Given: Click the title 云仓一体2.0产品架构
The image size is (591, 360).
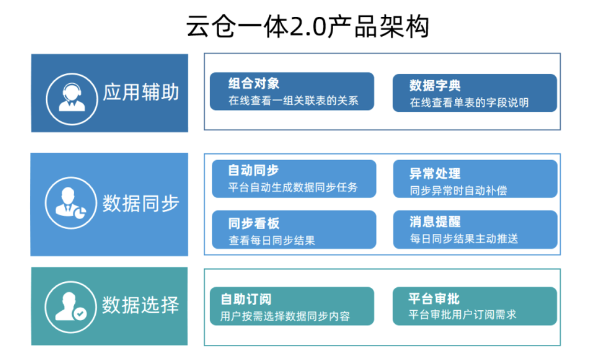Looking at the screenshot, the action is tap(308, 27).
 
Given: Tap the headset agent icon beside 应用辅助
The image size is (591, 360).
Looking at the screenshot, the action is tap(72, 99).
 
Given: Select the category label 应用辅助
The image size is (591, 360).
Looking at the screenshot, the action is tap(141, 93).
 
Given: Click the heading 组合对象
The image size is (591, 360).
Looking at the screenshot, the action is tap(254, 83).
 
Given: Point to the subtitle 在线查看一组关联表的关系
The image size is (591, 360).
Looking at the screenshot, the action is tap(293, 100).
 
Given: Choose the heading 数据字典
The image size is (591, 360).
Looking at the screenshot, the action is tap(435, 86).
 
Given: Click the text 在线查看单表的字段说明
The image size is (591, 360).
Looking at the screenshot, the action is tap(469, 103).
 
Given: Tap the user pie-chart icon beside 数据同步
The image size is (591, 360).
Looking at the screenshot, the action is tap(71, 203).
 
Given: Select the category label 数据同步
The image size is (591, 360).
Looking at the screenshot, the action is tap(141, 204).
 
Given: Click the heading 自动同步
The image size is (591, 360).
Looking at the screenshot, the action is tap(253, 171).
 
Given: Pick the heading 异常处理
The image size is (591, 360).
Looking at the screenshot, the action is tap(435, 173).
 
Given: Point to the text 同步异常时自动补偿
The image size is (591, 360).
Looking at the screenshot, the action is tap(458, 191).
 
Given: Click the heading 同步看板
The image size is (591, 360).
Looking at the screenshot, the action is tap(254, 223).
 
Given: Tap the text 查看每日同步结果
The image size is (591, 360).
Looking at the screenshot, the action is tap(272, 241).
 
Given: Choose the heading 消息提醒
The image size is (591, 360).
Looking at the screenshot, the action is tap(435, 222).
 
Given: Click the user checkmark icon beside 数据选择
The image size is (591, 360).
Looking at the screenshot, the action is tap(71, 307).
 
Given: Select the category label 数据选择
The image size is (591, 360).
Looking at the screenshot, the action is tap(140, 305).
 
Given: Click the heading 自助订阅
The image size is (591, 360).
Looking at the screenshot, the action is tap(246, 299).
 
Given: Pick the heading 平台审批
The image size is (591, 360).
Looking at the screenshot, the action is tap(434, 299).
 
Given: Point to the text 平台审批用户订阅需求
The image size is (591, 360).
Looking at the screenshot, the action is tap(462, 315).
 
